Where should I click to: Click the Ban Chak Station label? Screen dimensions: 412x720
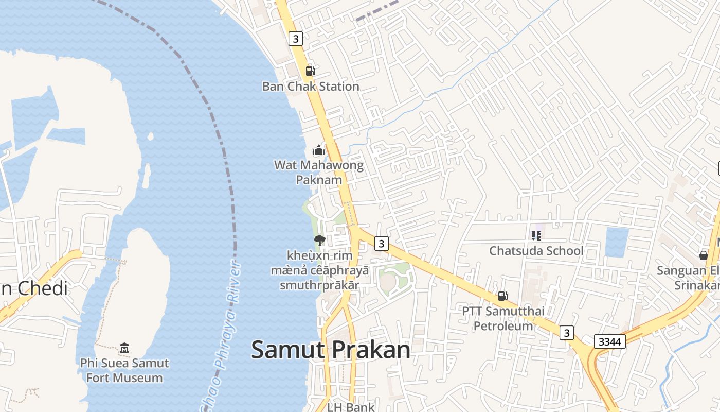coord(311,87)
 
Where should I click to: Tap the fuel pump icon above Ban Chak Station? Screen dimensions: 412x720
coord(310,71)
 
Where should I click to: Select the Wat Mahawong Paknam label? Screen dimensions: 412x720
coord(319,172)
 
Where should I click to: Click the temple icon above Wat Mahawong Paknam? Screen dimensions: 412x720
coord(319,150)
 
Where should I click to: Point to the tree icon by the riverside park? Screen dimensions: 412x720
coord(319,240)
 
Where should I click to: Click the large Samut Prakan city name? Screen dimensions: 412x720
coord(331,350)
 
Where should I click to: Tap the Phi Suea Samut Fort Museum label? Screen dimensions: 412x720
coord(124,370)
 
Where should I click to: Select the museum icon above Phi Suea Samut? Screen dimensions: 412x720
coord(124,348)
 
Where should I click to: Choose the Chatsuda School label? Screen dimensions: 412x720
coord(536,251)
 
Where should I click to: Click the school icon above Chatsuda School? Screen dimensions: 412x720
coord(536,236)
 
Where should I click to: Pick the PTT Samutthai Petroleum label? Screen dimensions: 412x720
coord(503,318)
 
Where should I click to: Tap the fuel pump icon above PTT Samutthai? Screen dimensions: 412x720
coord(502,296)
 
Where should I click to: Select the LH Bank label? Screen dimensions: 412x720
coord(351,407)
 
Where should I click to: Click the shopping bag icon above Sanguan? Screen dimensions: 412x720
coord(703,255)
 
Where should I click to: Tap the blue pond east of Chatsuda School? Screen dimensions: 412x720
coord(617,242)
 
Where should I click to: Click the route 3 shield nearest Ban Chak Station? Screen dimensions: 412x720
coord(295,39)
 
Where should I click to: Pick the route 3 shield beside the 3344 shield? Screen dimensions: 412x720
coord(566,333)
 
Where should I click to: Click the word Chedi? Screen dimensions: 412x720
coord(43,288)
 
